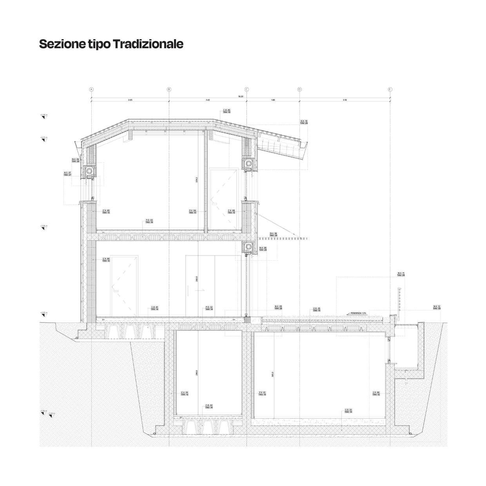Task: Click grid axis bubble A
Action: click(x=91, y=89)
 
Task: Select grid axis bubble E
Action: click(x=390, y=89)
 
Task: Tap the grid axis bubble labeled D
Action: click(x=299, y=89)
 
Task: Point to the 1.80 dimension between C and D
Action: click(x=273, y=100)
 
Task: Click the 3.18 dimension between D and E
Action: click(x=345, y=100)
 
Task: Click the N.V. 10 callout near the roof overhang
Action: click(x=304, y=122)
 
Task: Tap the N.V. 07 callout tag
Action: click(x=67, y=174)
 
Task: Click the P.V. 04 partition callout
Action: click(x=192, y=212)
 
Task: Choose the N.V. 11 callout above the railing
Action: click(x=401, y=274)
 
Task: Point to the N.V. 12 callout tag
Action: click(x=437, y=307)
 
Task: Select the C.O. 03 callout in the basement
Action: click(x=348, y=411)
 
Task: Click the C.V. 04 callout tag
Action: click(x=185, y=393)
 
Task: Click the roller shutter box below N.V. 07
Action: click(x=89, y=170)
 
